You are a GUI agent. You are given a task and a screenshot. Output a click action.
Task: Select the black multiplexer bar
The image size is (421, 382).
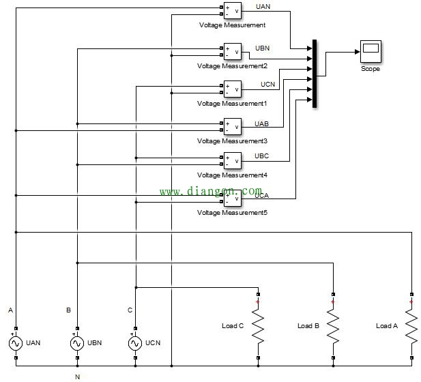click(x=315, y=74)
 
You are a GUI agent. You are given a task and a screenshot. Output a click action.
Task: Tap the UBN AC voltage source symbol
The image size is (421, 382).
click(x=77, y=342)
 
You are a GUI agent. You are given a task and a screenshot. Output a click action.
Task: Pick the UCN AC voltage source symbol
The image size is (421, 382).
click(x=136, y=342)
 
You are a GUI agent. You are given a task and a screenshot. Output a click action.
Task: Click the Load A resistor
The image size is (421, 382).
click(x=411, y=326)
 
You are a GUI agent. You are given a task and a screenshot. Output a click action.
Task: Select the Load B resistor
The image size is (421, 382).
click(x=333, y=326)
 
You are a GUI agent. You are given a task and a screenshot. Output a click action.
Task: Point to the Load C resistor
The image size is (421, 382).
click(x=258, y=326)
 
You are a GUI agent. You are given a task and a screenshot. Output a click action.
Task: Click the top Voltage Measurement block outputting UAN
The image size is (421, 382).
click(x=232, y=11)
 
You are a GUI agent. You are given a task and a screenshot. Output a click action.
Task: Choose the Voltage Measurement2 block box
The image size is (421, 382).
click(x=232, y=52)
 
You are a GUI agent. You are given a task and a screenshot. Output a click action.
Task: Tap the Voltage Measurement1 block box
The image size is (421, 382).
click(x=232, y=89)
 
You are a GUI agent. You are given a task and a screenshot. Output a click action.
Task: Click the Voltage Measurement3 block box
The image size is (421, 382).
click(x=232, y=126)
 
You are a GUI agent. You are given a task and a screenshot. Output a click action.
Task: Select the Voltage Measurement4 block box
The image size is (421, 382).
click(x=232, y=160)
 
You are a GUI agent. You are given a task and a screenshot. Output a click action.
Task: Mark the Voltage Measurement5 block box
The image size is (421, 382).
click(x=232, y=199)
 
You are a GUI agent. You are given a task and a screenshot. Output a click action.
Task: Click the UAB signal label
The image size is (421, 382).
click(x=261, y=123)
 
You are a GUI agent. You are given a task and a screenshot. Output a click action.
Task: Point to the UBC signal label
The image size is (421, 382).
click(x=261, y=156)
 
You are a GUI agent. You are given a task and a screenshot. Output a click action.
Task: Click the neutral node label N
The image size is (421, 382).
click(x=77, y=375)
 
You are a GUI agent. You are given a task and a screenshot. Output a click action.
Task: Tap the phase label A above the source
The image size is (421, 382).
click(x=10, y=310)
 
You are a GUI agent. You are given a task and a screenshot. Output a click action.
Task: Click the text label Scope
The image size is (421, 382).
click(x=371, y=69)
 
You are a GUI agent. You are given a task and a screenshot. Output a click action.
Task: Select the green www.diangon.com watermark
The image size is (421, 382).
click(x=211, y=191)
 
